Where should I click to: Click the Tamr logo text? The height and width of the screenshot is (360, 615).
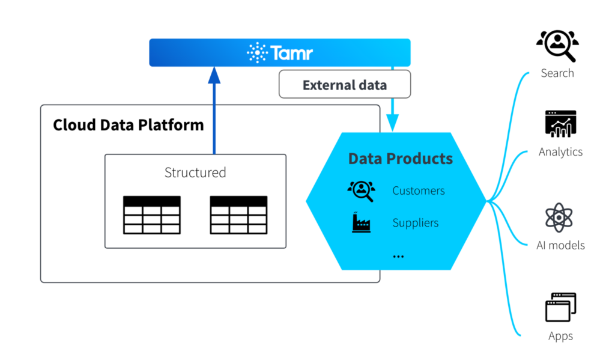coord(291,53)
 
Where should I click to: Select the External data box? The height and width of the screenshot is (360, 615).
coord(344,85)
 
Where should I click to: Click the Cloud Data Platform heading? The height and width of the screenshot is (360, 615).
coord(129,125)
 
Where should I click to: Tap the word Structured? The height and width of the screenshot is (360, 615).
coord(195,172)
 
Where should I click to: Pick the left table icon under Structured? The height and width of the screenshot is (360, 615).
coord(151,215)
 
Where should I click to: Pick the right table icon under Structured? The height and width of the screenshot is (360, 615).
coord(238,215)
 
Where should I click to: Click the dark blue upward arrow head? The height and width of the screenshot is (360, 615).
coord(214,75)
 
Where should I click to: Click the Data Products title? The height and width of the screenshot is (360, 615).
coord(400,159)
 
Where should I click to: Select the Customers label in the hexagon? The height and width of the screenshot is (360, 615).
coord(419,191)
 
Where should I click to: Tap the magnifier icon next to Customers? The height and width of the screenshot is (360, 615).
coord(361,191)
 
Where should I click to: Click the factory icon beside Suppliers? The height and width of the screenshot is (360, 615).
coord(361,223)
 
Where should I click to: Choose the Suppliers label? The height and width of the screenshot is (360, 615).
coord(416,223)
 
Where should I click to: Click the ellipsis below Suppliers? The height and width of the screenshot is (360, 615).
coord(398,256)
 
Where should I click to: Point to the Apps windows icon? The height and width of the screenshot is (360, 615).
coord(560,308)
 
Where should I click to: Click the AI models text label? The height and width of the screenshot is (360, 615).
coord(560,245)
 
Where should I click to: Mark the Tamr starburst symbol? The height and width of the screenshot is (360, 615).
coord(257,53)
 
